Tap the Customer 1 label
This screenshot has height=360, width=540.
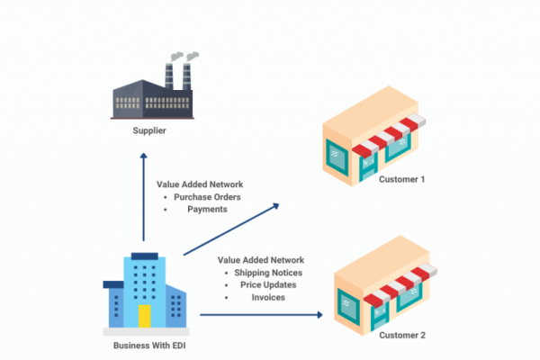tap(402, 179)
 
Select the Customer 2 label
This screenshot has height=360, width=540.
tap(402, 335)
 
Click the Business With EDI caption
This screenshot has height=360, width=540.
tap(145, 346)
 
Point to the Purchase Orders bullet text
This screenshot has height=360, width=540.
tap(206, 196)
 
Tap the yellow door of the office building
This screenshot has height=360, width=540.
tap(144, 315)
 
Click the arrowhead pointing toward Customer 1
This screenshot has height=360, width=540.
tap(275, 206)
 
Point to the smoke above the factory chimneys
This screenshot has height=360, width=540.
tap(179, 56)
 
